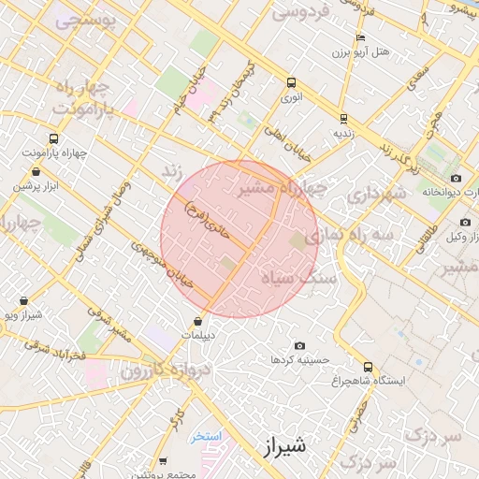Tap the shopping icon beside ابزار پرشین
tap(36, 172)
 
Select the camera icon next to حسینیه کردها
tap(299, 346)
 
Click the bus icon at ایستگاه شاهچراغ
tap(368, 367)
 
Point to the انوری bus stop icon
tap(291, 82)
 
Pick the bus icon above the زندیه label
tap(343, 119)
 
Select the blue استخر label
tap(205, 436)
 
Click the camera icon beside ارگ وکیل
tap(465, 222)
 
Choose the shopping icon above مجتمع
tap(164, 461)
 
